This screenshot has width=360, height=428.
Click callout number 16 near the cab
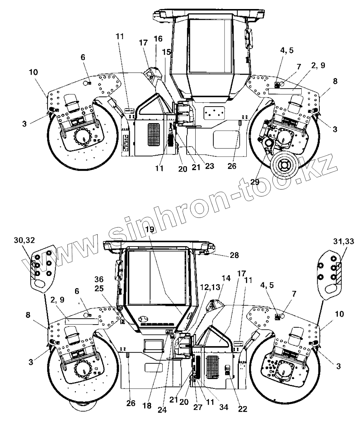click(x=158, y=39)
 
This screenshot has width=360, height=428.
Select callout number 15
click(x=166, y=52)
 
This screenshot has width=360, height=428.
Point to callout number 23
click(x=209, y=166)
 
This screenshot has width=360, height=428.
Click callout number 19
click(x=150, y=229)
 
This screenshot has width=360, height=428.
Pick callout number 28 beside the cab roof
click(x=235, y=255)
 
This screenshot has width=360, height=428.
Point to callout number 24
click(x=162, y=410)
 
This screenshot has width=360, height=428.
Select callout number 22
click(x=243, y=409)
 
